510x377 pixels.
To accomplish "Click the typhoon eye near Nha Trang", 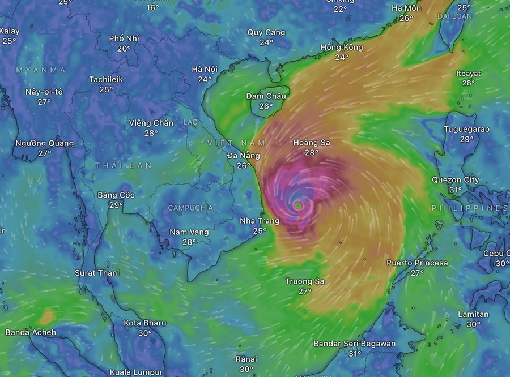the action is coord(298,205).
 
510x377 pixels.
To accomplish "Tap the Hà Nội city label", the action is coord(205,69).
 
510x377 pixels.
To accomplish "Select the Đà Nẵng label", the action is coord(244,156).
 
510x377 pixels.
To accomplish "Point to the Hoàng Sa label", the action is coord(312,143).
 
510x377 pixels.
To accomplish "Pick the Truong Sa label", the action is coord(305,281).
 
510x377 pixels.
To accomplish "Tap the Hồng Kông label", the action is coord(342,48).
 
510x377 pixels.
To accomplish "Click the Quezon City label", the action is coord(456,180).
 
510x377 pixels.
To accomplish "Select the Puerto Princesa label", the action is coord(417,263).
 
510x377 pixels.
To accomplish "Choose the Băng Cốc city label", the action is coord(116,195).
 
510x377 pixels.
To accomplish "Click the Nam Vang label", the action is coord(189,232).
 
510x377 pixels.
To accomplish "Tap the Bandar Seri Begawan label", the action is coord(355,344).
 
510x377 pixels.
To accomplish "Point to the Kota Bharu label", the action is coord(145,323).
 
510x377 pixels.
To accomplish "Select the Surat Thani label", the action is coord(97,273).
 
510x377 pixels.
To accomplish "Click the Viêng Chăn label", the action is coord(151,123).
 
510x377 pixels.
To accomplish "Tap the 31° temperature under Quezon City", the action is coord(455,190).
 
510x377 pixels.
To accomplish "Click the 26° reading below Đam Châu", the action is coord(266,106).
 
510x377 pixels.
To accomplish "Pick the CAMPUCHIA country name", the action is coord(190,208).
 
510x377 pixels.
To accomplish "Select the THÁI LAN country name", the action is coord(124,165).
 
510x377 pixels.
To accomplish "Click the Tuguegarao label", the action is coord(466,129).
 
